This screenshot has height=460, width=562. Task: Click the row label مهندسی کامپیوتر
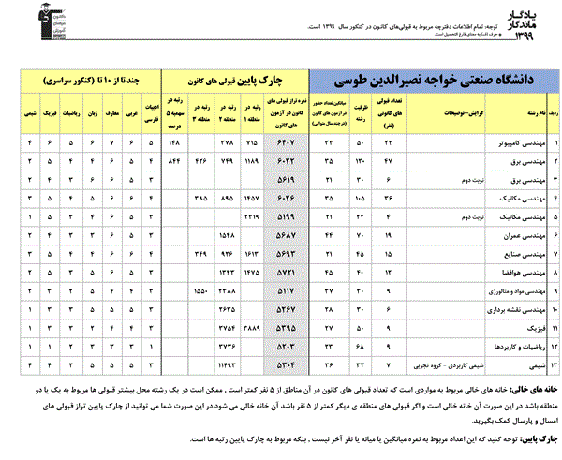click(521, 142)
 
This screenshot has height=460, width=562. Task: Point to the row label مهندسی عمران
click(524, 235)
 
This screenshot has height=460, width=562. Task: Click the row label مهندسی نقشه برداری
click(515, 309)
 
